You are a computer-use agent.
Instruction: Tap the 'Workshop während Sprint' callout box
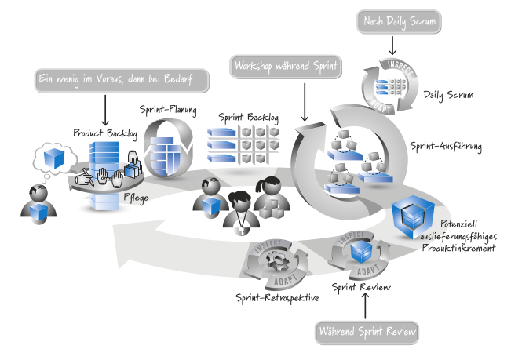287,67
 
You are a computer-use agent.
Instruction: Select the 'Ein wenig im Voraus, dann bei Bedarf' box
124,80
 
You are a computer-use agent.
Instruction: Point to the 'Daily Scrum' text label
448,96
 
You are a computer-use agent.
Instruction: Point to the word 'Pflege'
134,198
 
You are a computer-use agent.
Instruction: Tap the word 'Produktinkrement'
458,248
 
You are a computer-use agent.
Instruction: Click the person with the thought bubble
35,205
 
